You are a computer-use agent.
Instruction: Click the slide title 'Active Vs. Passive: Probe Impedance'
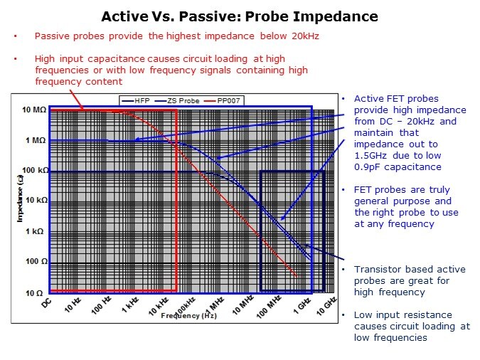click(x=239, y=16)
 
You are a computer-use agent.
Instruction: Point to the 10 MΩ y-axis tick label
click(x=34, y=110)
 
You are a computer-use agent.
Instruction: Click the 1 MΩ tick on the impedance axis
click(x=36, y=141)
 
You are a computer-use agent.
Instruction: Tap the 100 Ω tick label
click(x=36, y=262)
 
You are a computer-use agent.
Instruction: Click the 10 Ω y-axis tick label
click(x=36, y=292)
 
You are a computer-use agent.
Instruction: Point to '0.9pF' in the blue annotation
click(x=369, y=167)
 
